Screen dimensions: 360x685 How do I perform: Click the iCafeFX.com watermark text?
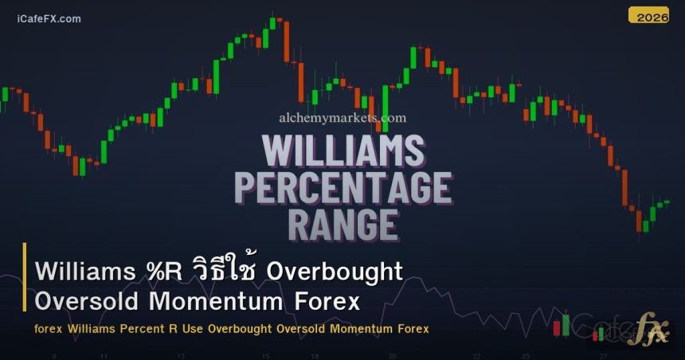click(x=49, y=19)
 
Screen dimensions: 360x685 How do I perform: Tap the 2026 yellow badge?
click(x=648, y=15)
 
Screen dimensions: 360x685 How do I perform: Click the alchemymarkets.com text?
click(x=342, y=118)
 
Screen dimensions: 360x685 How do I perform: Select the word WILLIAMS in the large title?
click(x=342, y=152)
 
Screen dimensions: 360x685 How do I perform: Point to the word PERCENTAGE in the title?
click(x=342, y=189)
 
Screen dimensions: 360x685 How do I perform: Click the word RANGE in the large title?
click(x=342, y=225)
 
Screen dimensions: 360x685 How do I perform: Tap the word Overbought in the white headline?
click(x=335, y=271)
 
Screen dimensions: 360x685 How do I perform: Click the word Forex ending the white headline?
click(x=327, y=303)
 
